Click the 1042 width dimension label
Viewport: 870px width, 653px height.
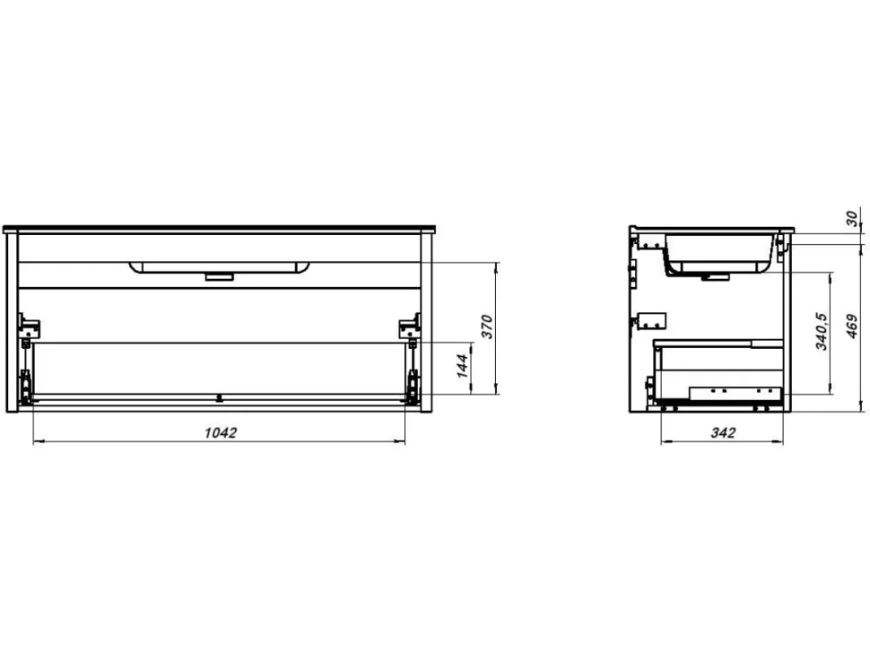pos(221,432)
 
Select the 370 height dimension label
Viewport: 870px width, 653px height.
pos(487,326)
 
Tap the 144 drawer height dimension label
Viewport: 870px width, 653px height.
pos(463,366)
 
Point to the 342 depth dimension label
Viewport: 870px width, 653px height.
pos(723,432)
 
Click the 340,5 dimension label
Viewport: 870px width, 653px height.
pos(822,331)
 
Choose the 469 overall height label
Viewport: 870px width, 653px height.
pos(852,326)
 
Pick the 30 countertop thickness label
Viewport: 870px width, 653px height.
pos(852,218)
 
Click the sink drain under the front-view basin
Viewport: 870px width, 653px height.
pos(219,275)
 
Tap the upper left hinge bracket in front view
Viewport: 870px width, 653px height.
pos(29,326)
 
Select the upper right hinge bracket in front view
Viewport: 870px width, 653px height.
pos(410,326)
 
